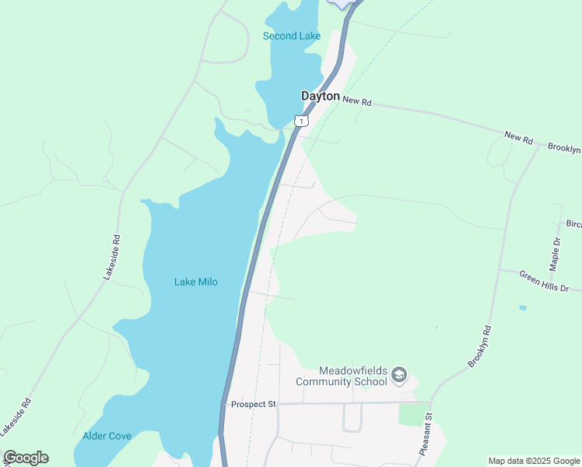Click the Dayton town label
tap(321, 96)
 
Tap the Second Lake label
tap(292, 36)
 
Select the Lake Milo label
tap(195, 282)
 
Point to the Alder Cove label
tap(107, 436)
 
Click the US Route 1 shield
tap(301, 121)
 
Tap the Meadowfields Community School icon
tap(399, 376)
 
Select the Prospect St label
tap(254, 405)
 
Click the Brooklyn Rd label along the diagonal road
tap(480, 346)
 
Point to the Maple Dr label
tap(554, 252)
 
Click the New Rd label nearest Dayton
tap(357, 101)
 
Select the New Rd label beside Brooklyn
tap(518, 138)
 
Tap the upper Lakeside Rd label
tap(112, 257)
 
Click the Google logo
tap(26, 458)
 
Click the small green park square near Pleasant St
tap(414, 414)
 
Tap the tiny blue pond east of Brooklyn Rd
tap(523, 307)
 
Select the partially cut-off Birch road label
tap(573, 224)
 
